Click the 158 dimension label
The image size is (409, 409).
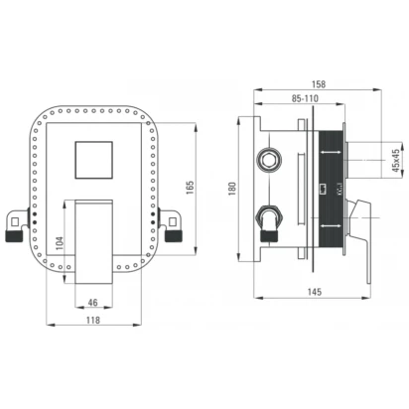tap(318, 84)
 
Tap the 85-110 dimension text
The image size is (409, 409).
tap(305, 98)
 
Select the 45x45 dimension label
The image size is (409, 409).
tap(396, 161)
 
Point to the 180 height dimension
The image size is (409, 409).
tap(232, 189)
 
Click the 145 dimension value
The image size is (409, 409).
tap(314, 292)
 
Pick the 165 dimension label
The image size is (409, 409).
tap(190, 188)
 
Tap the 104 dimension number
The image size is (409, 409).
tap(59, 243)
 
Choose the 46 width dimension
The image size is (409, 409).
tap(93, 303)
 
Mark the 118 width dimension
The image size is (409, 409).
tap(93, 320)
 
